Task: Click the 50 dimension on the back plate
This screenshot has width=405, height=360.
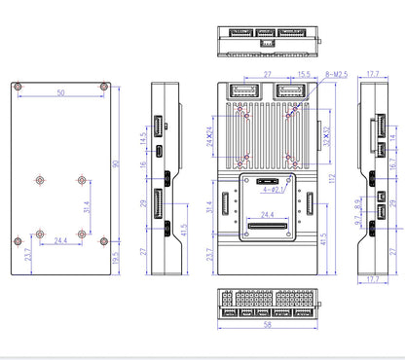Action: [60, 93]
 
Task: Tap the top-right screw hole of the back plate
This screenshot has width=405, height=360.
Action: [103, 86]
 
